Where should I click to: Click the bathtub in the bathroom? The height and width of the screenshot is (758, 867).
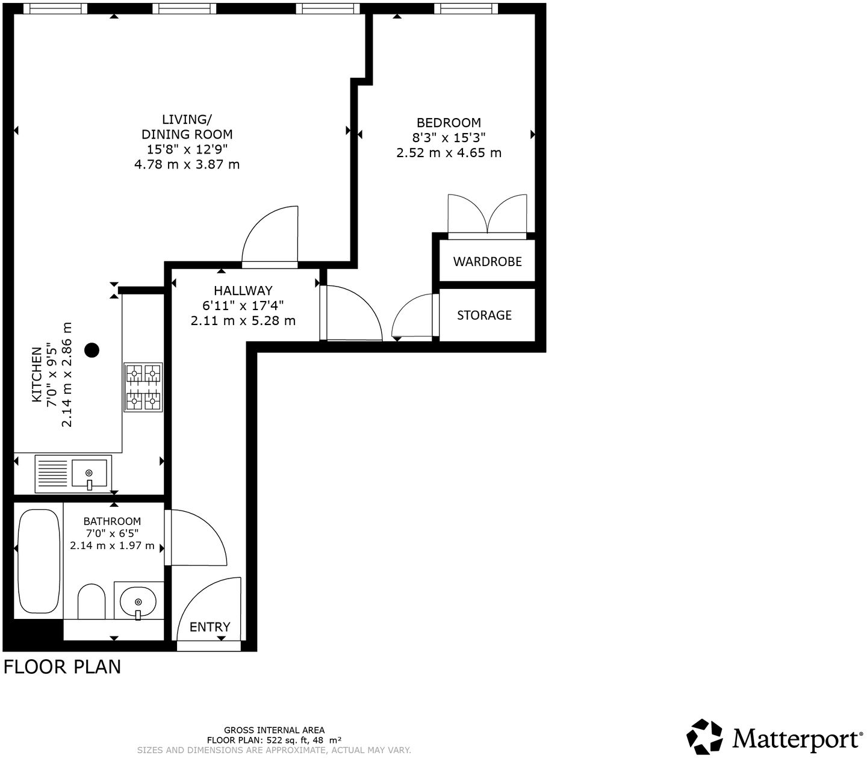[39, 561]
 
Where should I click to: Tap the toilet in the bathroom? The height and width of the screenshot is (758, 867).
[91, 601]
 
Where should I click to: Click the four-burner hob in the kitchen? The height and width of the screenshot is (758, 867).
[143, 387]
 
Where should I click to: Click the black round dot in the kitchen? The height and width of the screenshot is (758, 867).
[92, 350]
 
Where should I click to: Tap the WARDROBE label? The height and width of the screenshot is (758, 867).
[487, 261]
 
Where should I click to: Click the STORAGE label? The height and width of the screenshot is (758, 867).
[484, 315]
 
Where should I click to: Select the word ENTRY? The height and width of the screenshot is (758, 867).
[210, 627]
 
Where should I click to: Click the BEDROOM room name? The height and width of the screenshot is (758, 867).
[449, 123]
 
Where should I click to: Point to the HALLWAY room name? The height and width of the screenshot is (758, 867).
[243, 290]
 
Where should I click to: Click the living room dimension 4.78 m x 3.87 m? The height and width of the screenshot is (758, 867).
[187, 164]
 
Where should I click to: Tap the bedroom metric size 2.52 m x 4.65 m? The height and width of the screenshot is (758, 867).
[449, 153]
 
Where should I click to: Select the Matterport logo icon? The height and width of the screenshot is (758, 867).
[704, 736]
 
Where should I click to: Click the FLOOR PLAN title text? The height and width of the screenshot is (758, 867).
[62, 666]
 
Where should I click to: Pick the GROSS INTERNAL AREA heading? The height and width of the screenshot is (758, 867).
[274, 730]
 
